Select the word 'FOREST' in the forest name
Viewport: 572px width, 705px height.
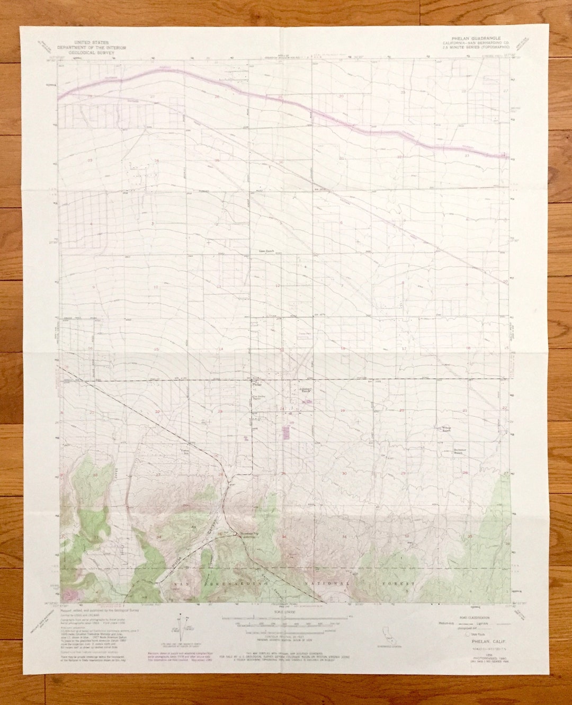coord(399,583)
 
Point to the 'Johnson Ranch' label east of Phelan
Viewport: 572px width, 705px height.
coord(303,391)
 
